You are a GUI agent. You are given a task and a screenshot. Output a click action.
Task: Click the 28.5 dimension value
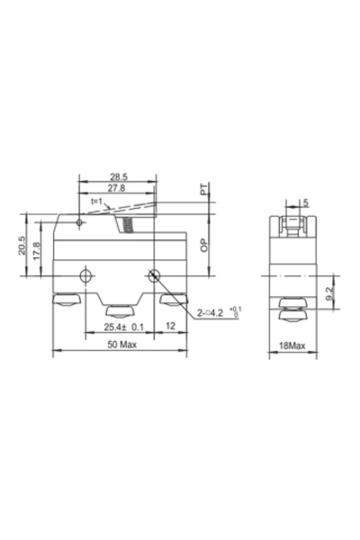coord(119,178)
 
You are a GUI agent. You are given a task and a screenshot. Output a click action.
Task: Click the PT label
coord(205,192)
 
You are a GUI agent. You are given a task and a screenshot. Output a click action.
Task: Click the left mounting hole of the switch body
coord(85,276)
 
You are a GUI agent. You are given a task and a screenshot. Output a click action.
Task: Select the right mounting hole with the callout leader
coord(156,276)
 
